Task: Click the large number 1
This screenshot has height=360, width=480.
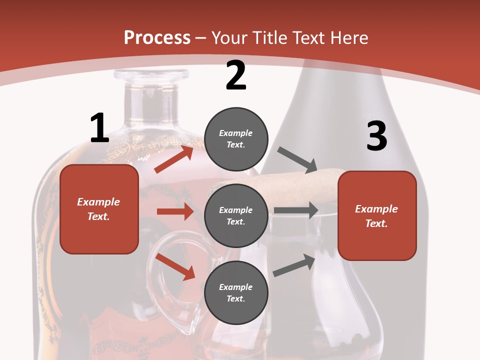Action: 99,128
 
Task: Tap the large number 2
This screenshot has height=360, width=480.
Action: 236,76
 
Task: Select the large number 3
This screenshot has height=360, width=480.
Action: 377,136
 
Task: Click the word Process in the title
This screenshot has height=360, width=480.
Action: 157,37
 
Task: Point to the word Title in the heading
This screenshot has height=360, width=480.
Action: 269,37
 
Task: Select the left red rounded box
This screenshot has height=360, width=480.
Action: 99,209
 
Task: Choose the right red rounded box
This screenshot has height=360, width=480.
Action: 377,216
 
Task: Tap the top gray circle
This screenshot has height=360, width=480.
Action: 236,139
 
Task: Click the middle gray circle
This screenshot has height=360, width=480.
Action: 236,216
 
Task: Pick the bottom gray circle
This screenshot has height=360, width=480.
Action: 236,292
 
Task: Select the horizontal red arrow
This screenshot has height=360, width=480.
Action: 175,211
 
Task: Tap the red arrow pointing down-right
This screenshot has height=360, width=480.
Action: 175,266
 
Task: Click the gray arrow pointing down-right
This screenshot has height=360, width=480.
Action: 297,158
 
